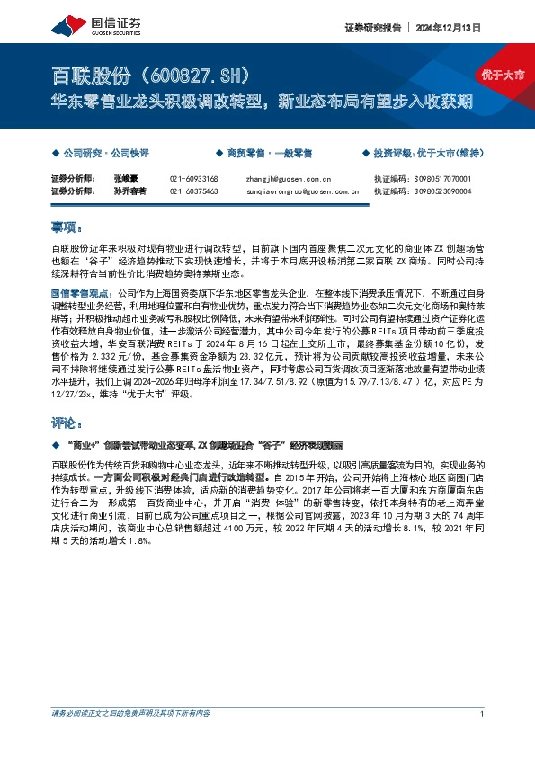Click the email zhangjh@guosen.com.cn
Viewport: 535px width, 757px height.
(x=289, y=179)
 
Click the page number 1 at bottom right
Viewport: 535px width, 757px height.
(x=483, y=714)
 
